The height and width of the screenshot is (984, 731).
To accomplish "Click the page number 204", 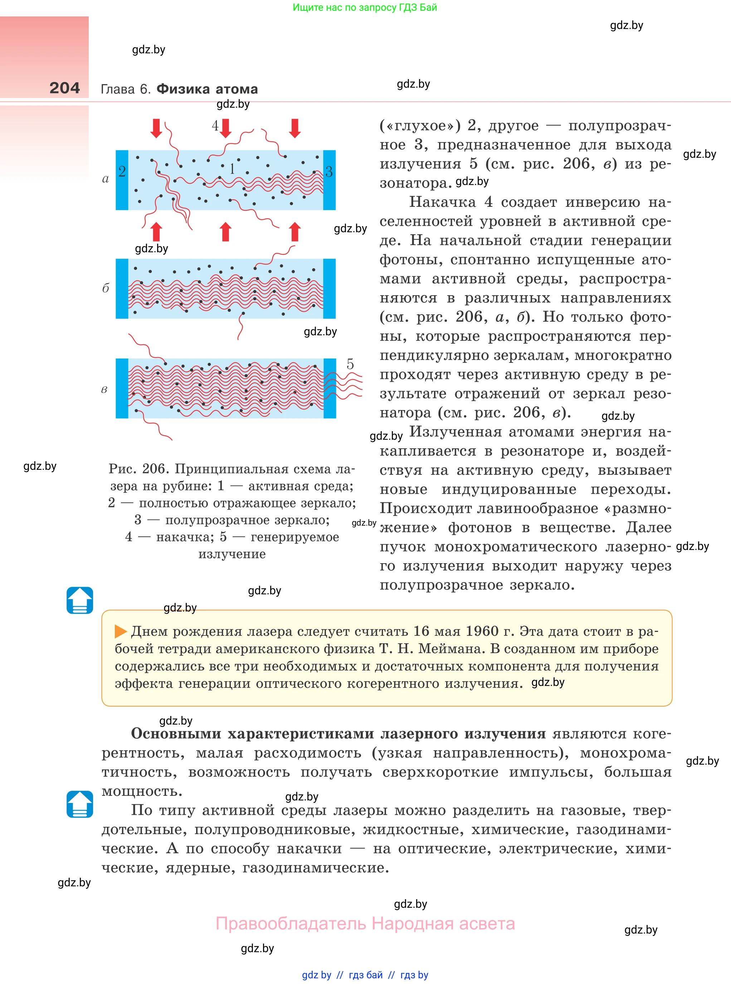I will pyautogui.click(x=65, y=88).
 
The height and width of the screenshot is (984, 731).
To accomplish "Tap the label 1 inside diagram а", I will pyautogui.click(x=232, y=169).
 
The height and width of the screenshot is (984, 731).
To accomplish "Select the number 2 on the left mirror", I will pyautogui.click(x=122, y=171).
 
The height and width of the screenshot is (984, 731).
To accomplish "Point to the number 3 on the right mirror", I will pyautogui.click(x=329, y=172).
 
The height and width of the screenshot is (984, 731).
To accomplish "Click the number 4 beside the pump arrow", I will pyautogui.click(x=215, y=126).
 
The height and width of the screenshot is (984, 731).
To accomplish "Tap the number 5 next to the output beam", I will pyautogui.click(x=350, y=364).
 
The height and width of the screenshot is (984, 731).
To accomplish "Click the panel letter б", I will pyautogui.click(x=105, y=288).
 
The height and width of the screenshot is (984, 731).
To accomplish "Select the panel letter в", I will pyautogui.click(x=104, y=390).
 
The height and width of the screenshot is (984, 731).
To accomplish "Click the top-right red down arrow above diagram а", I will pyautogui.click(x=295, y=128).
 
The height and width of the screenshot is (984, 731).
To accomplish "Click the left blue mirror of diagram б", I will pyautogui.click(x=122, y=288).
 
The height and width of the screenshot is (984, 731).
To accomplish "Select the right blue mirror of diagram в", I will pyautogui.click(x=330, y=388).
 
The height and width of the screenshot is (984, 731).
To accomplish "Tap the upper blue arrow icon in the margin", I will pyautogui.click(x=80, y=600).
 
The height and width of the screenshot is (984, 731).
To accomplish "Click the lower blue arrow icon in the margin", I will pyautogui.click(x=80, y=804).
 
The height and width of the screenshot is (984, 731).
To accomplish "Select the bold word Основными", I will pyautogui.click(x=176, y=734).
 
